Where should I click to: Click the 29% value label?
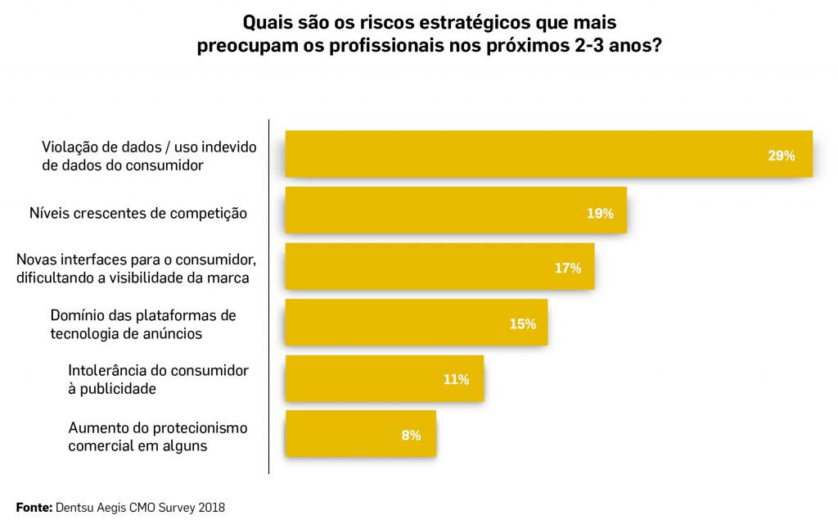point(781,156)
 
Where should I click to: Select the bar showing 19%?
point(455,210)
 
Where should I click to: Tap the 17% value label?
point(567,268)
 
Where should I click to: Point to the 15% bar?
point(416,323)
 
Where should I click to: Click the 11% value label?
point(456,379)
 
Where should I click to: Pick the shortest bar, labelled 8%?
point(360,433)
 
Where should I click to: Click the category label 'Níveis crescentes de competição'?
point(137,214)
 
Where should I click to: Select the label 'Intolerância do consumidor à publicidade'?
point(158,380)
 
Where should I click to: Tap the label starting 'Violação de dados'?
point(149,156)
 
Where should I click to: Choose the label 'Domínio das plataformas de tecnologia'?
point(142,324)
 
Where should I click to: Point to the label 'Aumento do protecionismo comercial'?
point(157,436)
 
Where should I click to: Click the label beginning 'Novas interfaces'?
point(137,269)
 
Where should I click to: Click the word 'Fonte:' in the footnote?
point(34,508)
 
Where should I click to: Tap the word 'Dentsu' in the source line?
point(74,508)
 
